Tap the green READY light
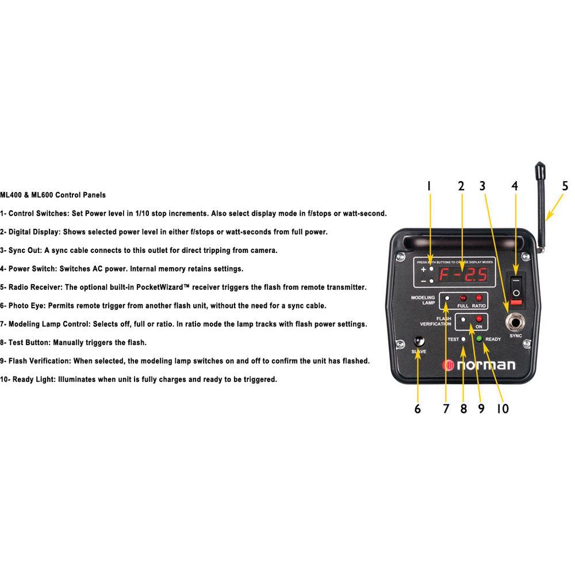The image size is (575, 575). coord(478,338)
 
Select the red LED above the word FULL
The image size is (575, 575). coord(462,298)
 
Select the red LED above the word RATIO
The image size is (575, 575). coord(478,298)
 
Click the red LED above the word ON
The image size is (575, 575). coord(478,318)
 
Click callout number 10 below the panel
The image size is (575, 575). coord(502,409)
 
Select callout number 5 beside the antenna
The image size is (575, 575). coord(565,186)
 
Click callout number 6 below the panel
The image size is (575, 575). coord(417,409)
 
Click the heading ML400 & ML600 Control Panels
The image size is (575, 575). coord(53,195)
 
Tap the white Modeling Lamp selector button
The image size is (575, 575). coord(447,298)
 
